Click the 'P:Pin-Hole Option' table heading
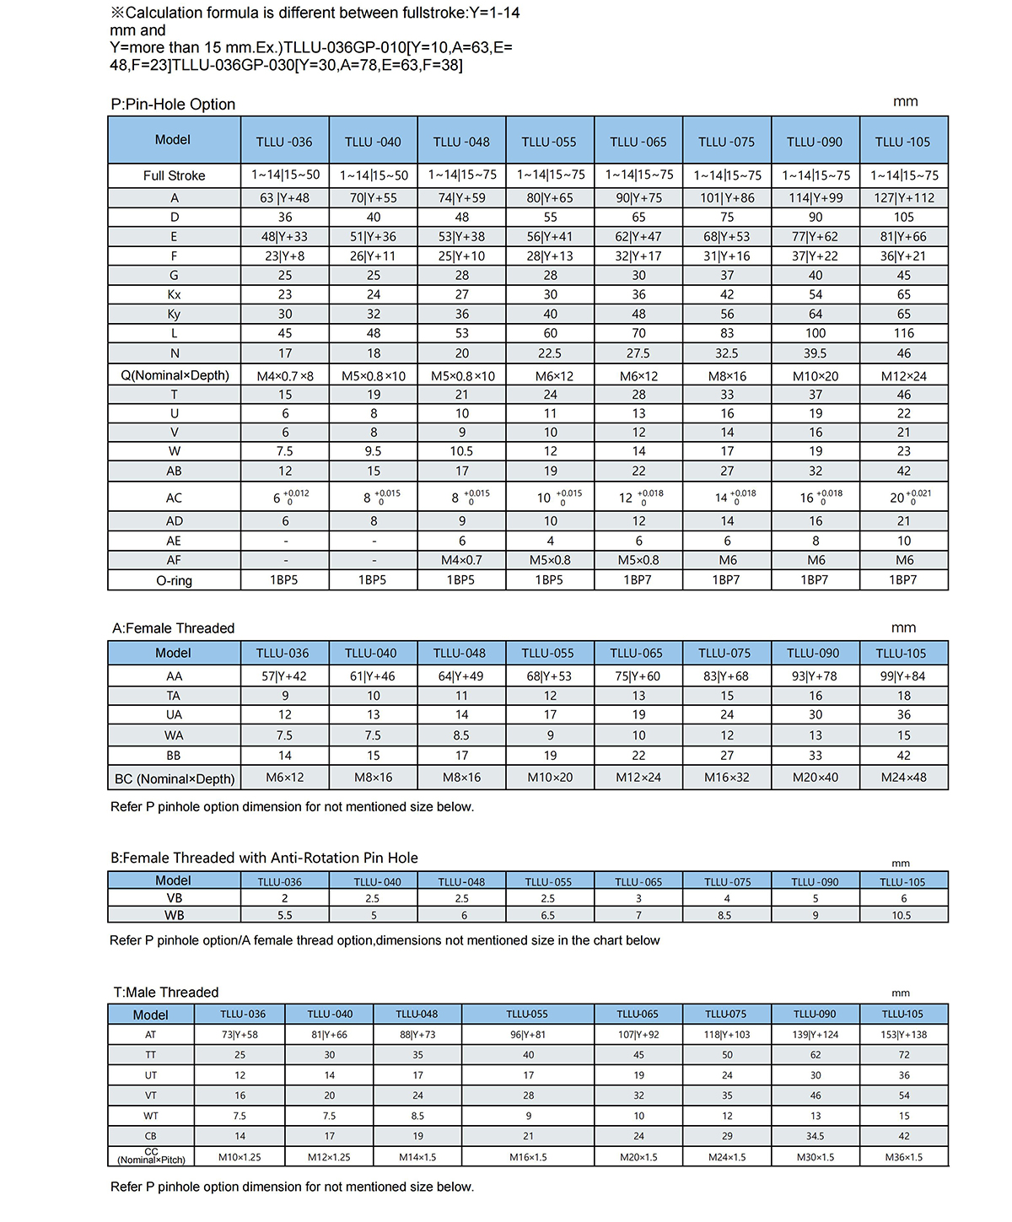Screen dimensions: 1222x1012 click(x=173, y=105)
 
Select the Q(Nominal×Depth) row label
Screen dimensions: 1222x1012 click(x=174, y=375)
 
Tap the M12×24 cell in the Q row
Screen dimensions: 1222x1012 click(x=903, y=376)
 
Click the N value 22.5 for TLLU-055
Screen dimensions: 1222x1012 click(x=550, y=353)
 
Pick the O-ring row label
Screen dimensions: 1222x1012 click(x=174, y=580)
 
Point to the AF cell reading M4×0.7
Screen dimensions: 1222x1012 click(x=461, y=560)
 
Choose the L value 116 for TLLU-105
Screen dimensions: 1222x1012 click(x=903, y=333)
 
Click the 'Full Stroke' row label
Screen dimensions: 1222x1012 click(x=174, y=175)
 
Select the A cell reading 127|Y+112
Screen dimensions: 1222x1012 click(x=903, y=198)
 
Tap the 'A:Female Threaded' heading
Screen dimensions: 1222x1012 click(x=173, y=628)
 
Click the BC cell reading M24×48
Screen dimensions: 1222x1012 click(x=903, y=778)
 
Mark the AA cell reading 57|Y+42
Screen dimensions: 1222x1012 click(x=285, y=676)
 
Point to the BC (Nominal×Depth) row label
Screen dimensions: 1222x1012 click(x=174, y=778)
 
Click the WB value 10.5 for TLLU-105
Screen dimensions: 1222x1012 click(x=901, y=915)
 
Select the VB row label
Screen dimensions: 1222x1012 click(x=174, y=898)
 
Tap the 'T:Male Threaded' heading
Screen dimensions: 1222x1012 click(x=166, y=993)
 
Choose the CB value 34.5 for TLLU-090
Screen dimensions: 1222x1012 click(x=815, y=1136)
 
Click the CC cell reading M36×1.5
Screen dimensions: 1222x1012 click(x=903, y=1157)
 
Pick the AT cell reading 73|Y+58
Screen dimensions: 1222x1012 click(x=240, y=1035)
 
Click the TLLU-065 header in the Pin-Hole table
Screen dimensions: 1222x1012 click(x=638, y=142)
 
